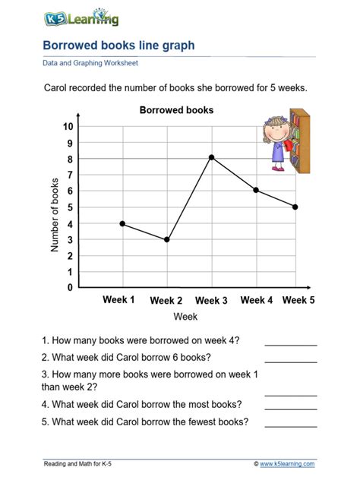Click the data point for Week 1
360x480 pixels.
pos(122,223)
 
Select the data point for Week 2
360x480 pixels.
pos(166,240)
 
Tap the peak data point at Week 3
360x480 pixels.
pos(211,158)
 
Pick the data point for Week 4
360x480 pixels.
pos(256,190)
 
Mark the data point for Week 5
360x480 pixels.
pos(295,207)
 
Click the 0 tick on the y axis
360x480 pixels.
pos(70,288)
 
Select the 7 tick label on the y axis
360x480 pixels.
pos(70,175)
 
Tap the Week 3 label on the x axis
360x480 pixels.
pos(211,301)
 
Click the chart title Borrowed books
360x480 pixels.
pos(176,110)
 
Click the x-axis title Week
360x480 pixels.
pos(185,316)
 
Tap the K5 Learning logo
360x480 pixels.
pos(74,17)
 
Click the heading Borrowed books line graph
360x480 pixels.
pos(118,46)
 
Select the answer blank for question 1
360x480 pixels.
pos(290,343)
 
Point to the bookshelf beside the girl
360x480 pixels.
pos(300,142)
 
